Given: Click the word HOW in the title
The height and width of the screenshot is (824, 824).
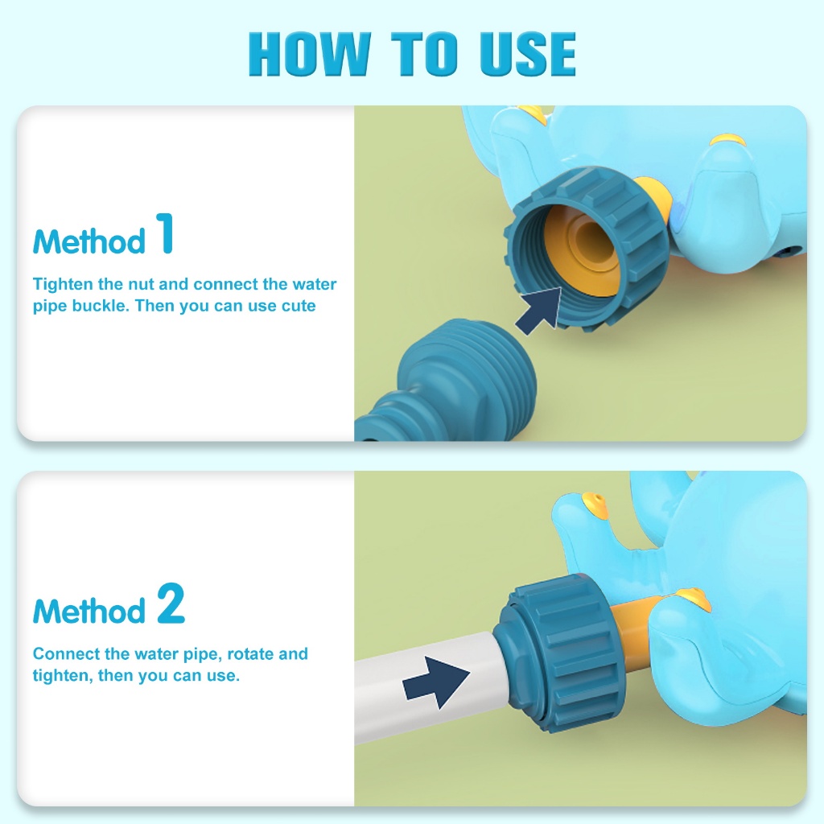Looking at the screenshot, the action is coord(310,54).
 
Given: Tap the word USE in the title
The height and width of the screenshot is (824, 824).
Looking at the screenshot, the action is coord(528,54).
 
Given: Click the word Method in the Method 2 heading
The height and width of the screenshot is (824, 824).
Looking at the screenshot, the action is coord(89,611).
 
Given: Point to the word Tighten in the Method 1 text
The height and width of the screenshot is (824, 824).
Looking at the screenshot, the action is coord(63,284).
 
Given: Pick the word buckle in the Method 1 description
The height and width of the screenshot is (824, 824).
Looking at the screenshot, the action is coord(100,306).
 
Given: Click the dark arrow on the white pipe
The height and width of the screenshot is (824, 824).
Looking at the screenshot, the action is coord(435,682).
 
